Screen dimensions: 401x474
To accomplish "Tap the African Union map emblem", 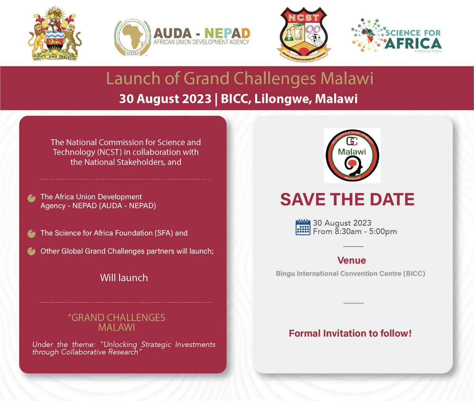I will pos(132,38).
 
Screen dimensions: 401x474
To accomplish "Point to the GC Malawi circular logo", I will pos(352,155).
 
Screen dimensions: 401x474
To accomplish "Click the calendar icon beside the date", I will pos(303,227).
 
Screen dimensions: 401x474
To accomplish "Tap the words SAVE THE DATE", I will pos(347,200).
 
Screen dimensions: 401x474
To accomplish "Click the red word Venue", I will pos(352,260).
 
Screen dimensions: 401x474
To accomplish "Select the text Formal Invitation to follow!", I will pos(350,333).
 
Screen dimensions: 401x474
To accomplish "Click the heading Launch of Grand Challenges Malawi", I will pos(239,78).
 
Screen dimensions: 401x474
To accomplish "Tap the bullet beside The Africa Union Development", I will pos(32,198).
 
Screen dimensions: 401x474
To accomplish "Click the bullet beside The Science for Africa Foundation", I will pos(32,234).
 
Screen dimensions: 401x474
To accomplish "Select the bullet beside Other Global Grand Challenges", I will pos(32,252).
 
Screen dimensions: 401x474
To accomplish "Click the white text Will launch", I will pos(124,278).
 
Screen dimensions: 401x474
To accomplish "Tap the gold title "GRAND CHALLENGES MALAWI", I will pos(117,323).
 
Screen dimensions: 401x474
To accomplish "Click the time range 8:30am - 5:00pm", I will pos(366,231).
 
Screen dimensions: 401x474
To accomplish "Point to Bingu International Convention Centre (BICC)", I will pos(350,273).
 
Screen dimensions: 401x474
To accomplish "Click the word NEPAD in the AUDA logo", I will pos(228,33).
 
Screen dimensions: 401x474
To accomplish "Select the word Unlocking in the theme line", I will pos(120,344).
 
